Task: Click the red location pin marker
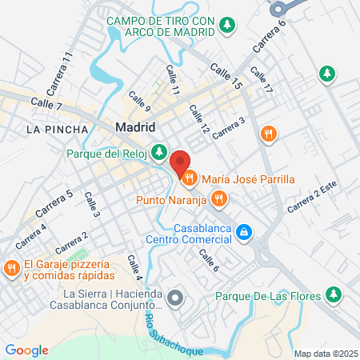(x=180, y=160)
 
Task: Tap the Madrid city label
(x=135, y=126)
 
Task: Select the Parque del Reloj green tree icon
(x=160, y=150)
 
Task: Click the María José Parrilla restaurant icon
(x=190, y=178)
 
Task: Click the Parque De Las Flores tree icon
(x=334, y=296)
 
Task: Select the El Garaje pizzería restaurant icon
(x=10, y=267)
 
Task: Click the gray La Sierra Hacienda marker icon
(x=177, y=299)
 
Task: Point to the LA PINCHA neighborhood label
(x=51, y=128)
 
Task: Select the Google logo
(x=27, y=350)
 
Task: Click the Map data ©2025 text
(x=324, y=354)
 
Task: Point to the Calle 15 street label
(x=226, y=76)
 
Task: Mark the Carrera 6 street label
(x=270, y=38)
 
